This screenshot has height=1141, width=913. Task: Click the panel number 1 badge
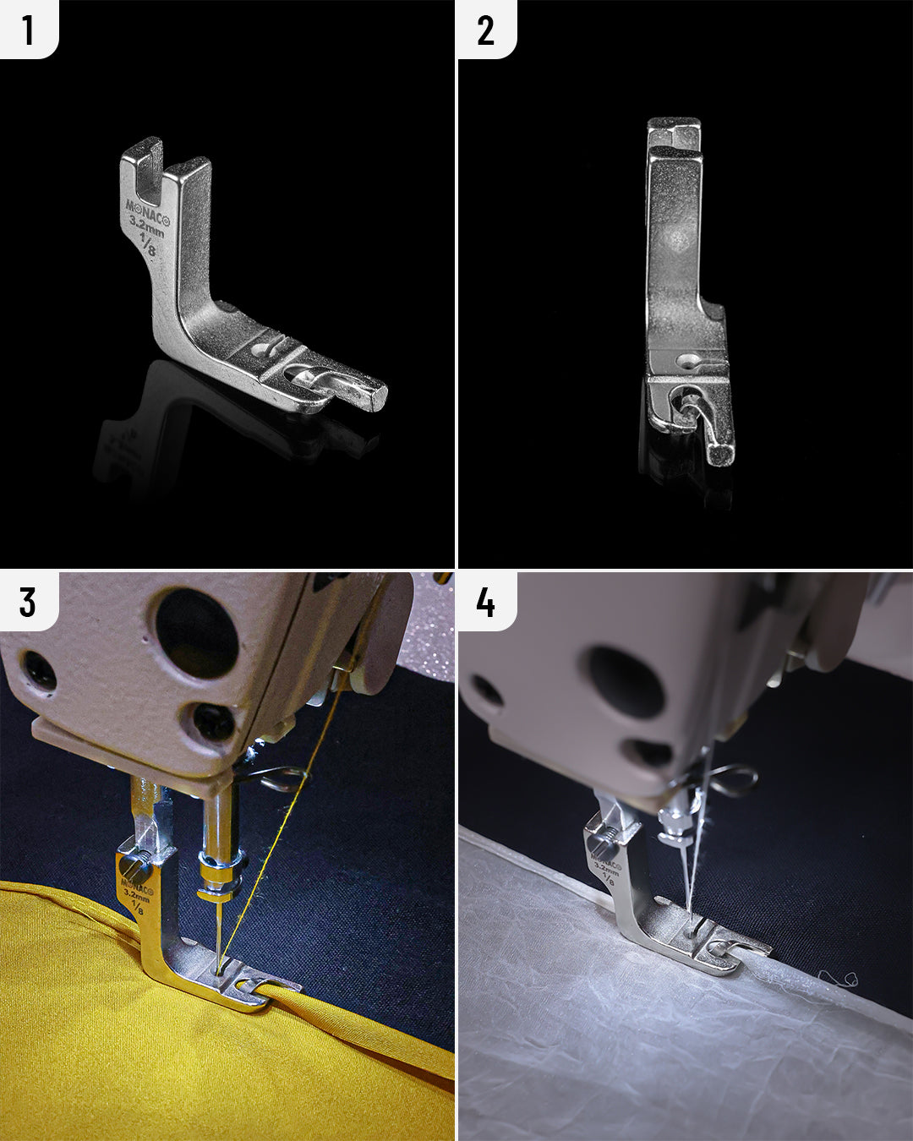coord(28,30)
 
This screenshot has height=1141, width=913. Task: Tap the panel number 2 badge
coord(485,30)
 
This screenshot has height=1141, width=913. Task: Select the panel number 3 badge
coord(28,602)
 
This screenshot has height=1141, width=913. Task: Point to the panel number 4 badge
coord(485,602)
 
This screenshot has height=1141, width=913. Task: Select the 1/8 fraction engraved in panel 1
coord(147,245)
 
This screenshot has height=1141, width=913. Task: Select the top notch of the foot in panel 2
coord(673,135)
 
